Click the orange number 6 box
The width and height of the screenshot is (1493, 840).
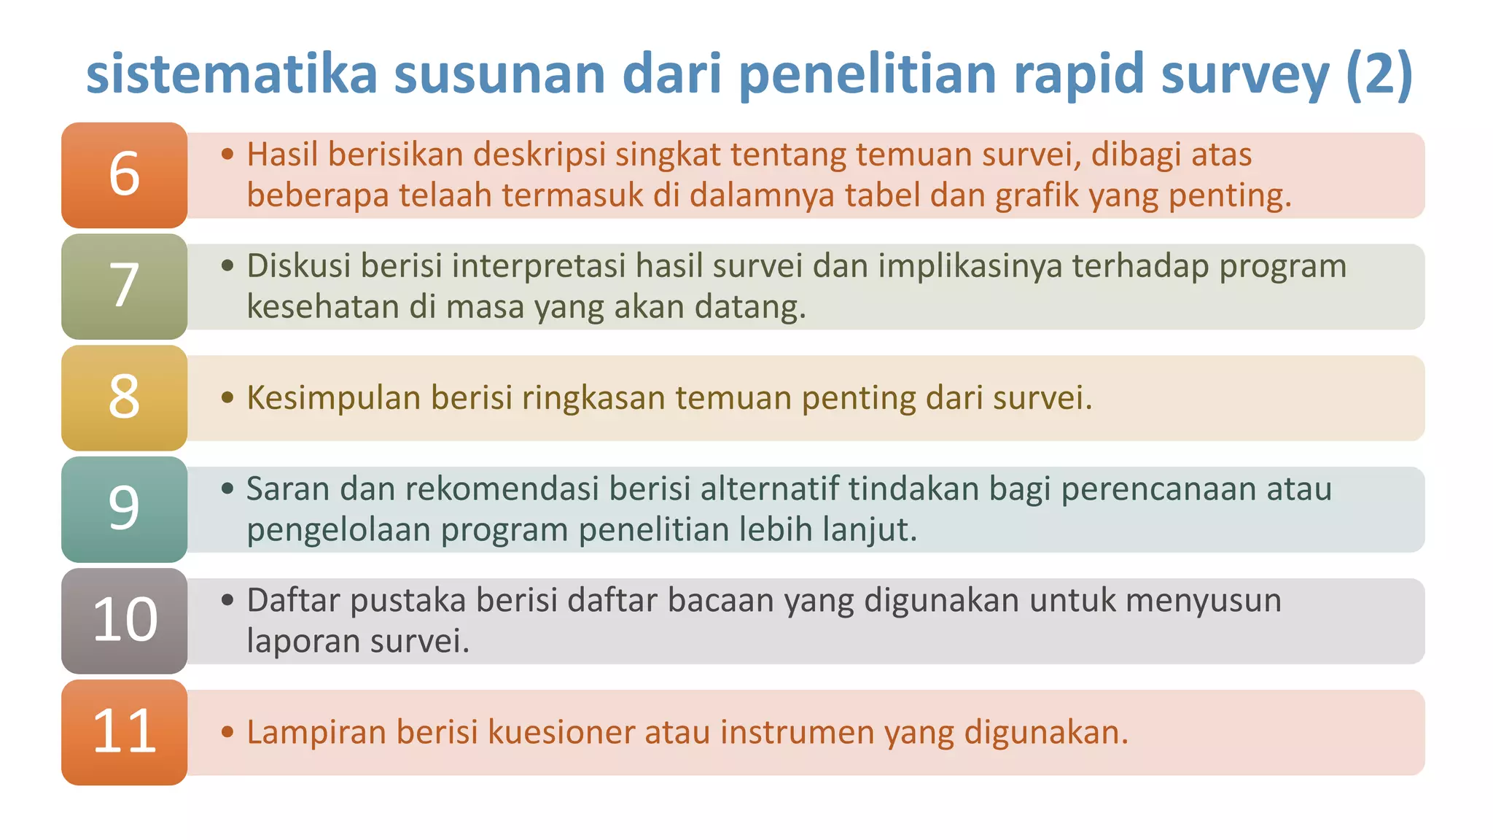click(124, 175)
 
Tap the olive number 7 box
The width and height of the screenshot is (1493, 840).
click(124, 286)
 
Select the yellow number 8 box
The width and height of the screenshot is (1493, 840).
click(124, 397)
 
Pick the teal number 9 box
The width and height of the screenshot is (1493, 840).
click(124, 509)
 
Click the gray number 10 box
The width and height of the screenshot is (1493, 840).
click(124, 621)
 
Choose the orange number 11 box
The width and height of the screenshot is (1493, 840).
click(124, 732)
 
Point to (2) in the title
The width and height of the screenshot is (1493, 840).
click(1379, 74)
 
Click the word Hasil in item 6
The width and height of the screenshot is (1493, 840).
click(282, 155)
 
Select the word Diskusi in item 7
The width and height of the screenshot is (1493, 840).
click(298, 266)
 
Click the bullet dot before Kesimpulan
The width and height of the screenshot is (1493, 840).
click(227, 398)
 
